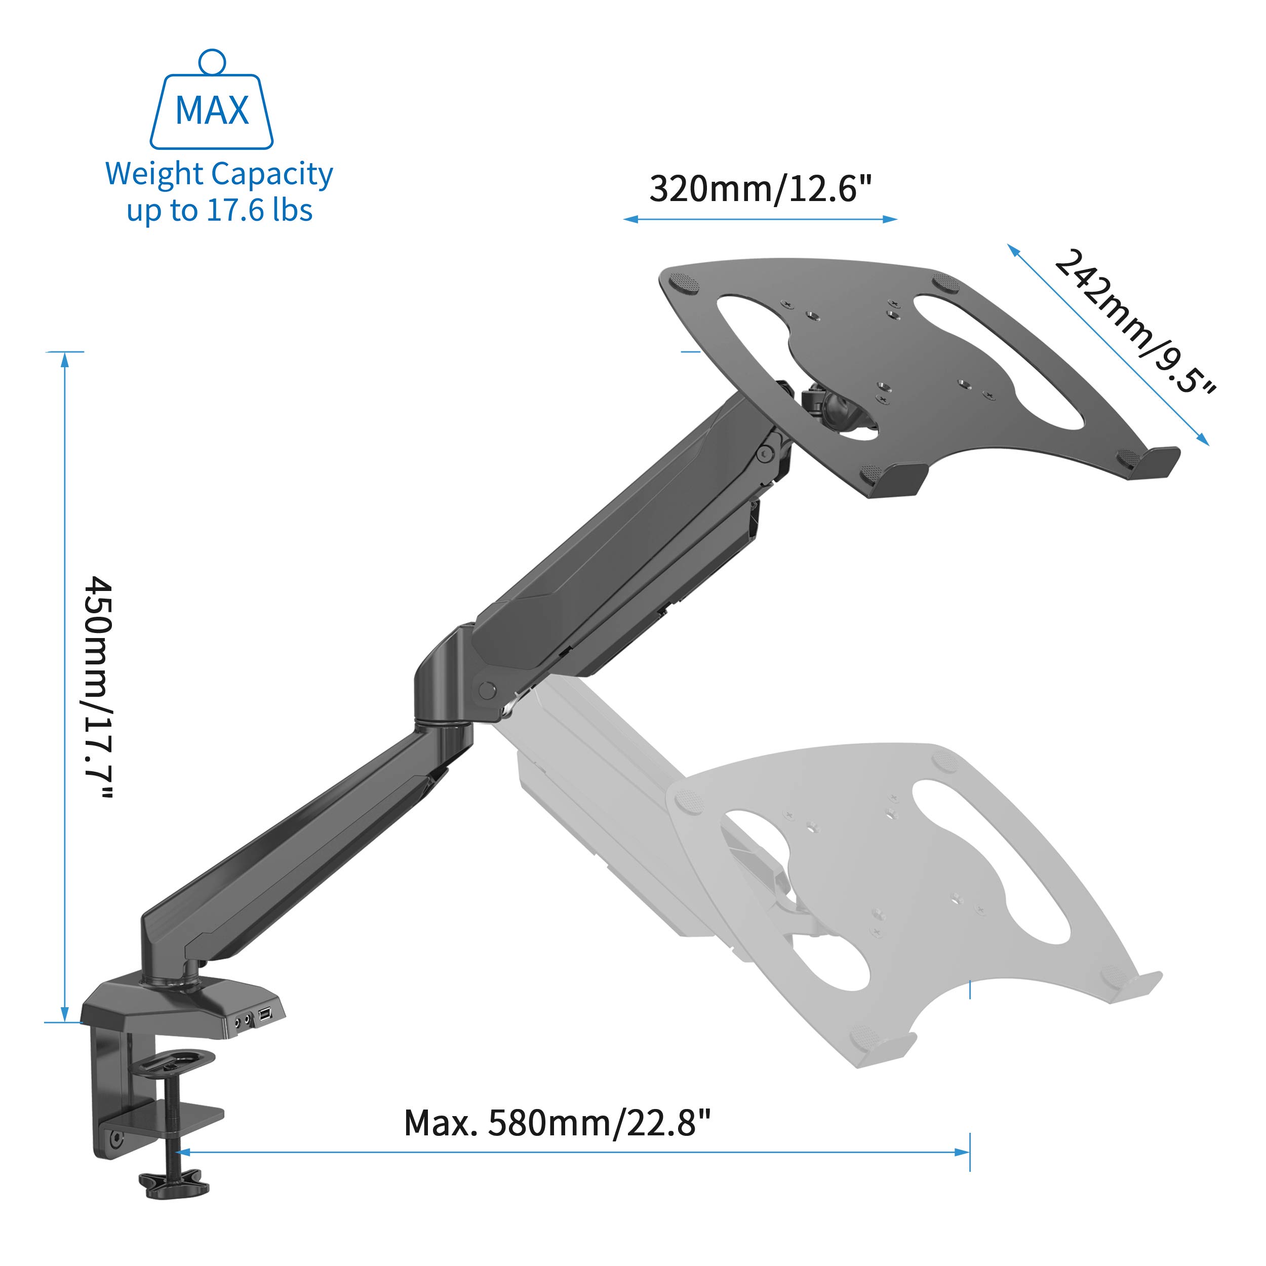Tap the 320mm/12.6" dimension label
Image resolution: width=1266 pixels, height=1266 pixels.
point(761,189)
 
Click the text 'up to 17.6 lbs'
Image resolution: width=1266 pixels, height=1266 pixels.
point(219,210)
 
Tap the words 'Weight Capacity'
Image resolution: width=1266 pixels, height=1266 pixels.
point(219,174)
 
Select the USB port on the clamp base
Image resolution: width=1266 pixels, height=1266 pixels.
point(265,1015)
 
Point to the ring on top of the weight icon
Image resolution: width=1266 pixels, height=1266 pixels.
point(212,62)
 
